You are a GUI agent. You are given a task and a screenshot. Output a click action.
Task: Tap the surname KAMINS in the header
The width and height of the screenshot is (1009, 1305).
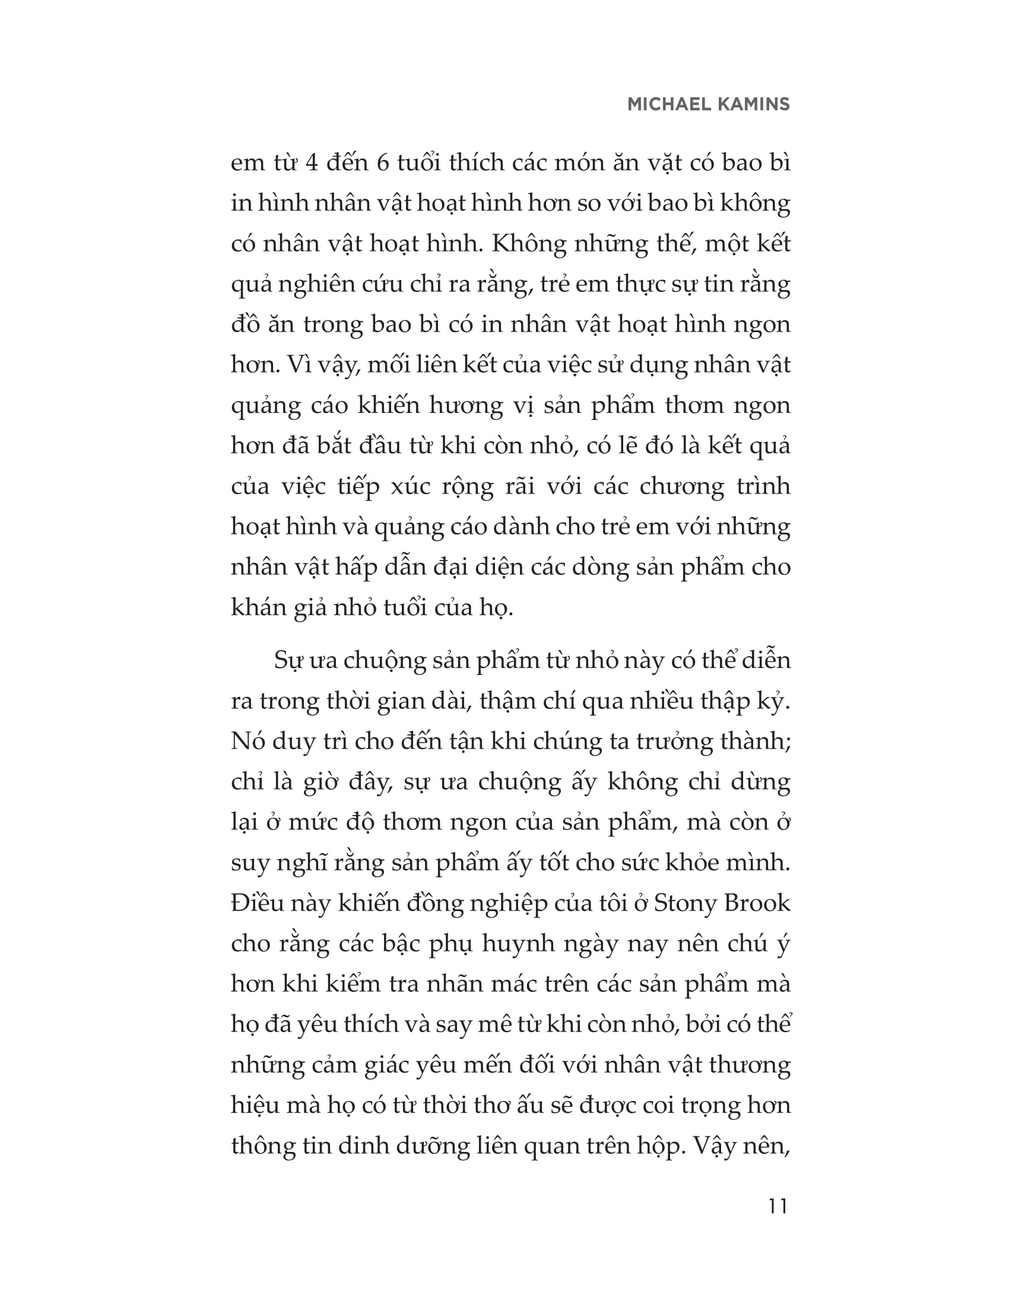(751, 104)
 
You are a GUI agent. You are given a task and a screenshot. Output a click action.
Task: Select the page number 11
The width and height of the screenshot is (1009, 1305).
(778, 1207)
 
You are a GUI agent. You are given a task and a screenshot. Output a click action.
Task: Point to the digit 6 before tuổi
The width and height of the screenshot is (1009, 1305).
(383, 163)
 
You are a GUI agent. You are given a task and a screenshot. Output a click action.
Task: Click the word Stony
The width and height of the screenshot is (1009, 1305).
(684, 903)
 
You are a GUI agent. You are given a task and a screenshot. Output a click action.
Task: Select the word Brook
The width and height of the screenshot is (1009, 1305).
(757, 903)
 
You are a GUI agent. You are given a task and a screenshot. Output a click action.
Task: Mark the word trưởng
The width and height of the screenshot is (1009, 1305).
(674, 741)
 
